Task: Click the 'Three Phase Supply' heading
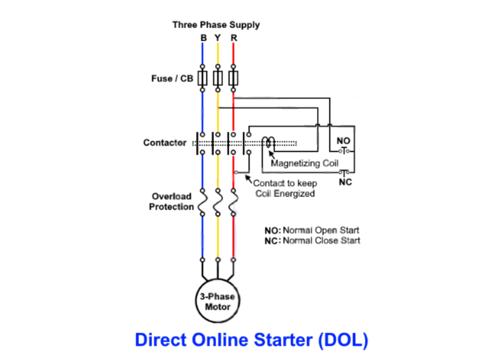coord(216,25)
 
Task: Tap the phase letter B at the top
coord(204,38)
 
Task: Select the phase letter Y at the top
coord(218,38)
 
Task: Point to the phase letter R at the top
coord(233,38)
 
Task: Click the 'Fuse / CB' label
coord(172,79)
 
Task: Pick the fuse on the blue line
coord(203,78)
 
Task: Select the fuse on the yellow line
coord(218,78)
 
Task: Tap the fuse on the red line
coord(233,78)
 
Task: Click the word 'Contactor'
coord(165,143)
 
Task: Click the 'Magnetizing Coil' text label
coord(304,163)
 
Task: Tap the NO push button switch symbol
coord(344,149)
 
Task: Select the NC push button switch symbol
coord(344,173)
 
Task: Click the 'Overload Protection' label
coord(172,201)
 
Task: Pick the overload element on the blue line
coord(203,205)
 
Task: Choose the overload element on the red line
coord(233,205)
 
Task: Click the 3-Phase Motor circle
coord(217,301)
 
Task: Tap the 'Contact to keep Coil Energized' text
coord(284,188)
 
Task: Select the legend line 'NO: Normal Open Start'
coord(311,230)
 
